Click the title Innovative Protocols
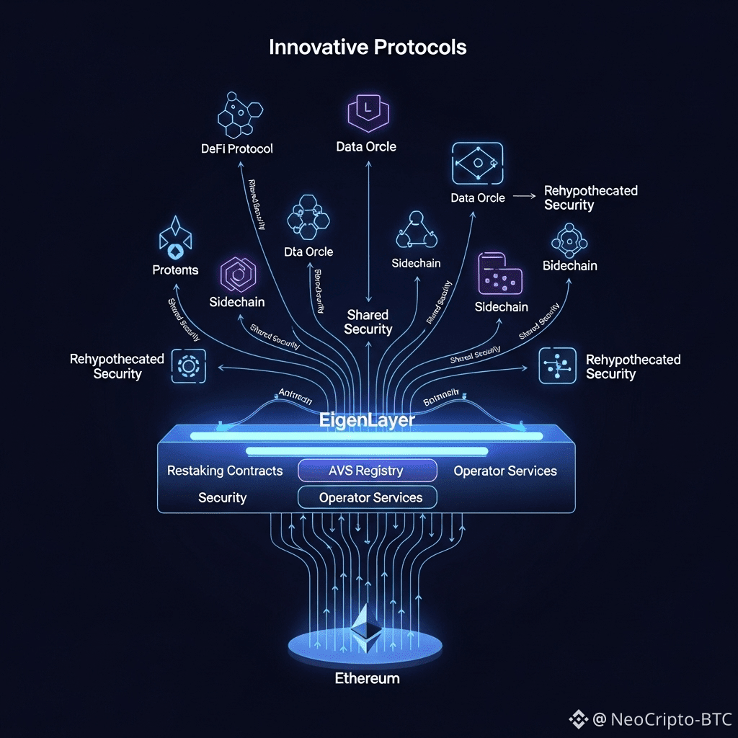click(368, 48)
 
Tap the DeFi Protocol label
click(237, 149)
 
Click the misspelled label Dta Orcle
click(308, 252)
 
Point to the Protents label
click(175, 270)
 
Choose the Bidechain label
click(569, 266)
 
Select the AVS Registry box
click(368, 471)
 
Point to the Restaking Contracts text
click(225, 471)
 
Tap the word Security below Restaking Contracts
click(222, 497)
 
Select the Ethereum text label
click(367, 678)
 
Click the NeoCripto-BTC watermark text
click(671, 719)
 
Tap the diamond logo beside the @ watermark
click(578, 719)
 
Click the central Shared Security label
click(368, 322)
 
